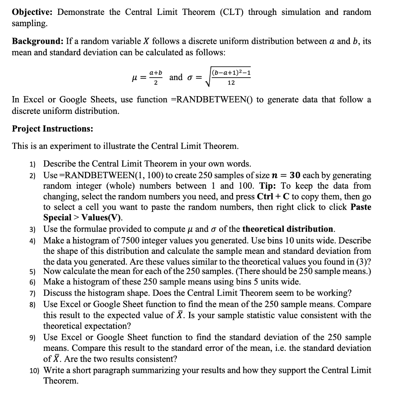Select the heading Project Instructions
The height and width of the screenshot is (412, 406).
click(52, 129)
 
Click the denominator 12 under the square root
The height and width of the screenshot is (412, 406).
click(231, 82)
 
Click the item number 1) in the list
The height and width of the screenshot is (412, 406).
click(32, 164)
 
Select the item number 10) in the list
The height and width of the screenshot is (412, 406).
click(33, 370)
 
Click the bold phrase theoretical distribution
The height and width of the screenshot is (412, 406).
click(288, 229)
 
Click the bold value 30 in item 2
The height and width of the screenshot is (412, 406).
click(295, 175)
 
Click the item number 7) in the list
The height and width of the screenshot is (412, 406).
click(32, 293)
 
